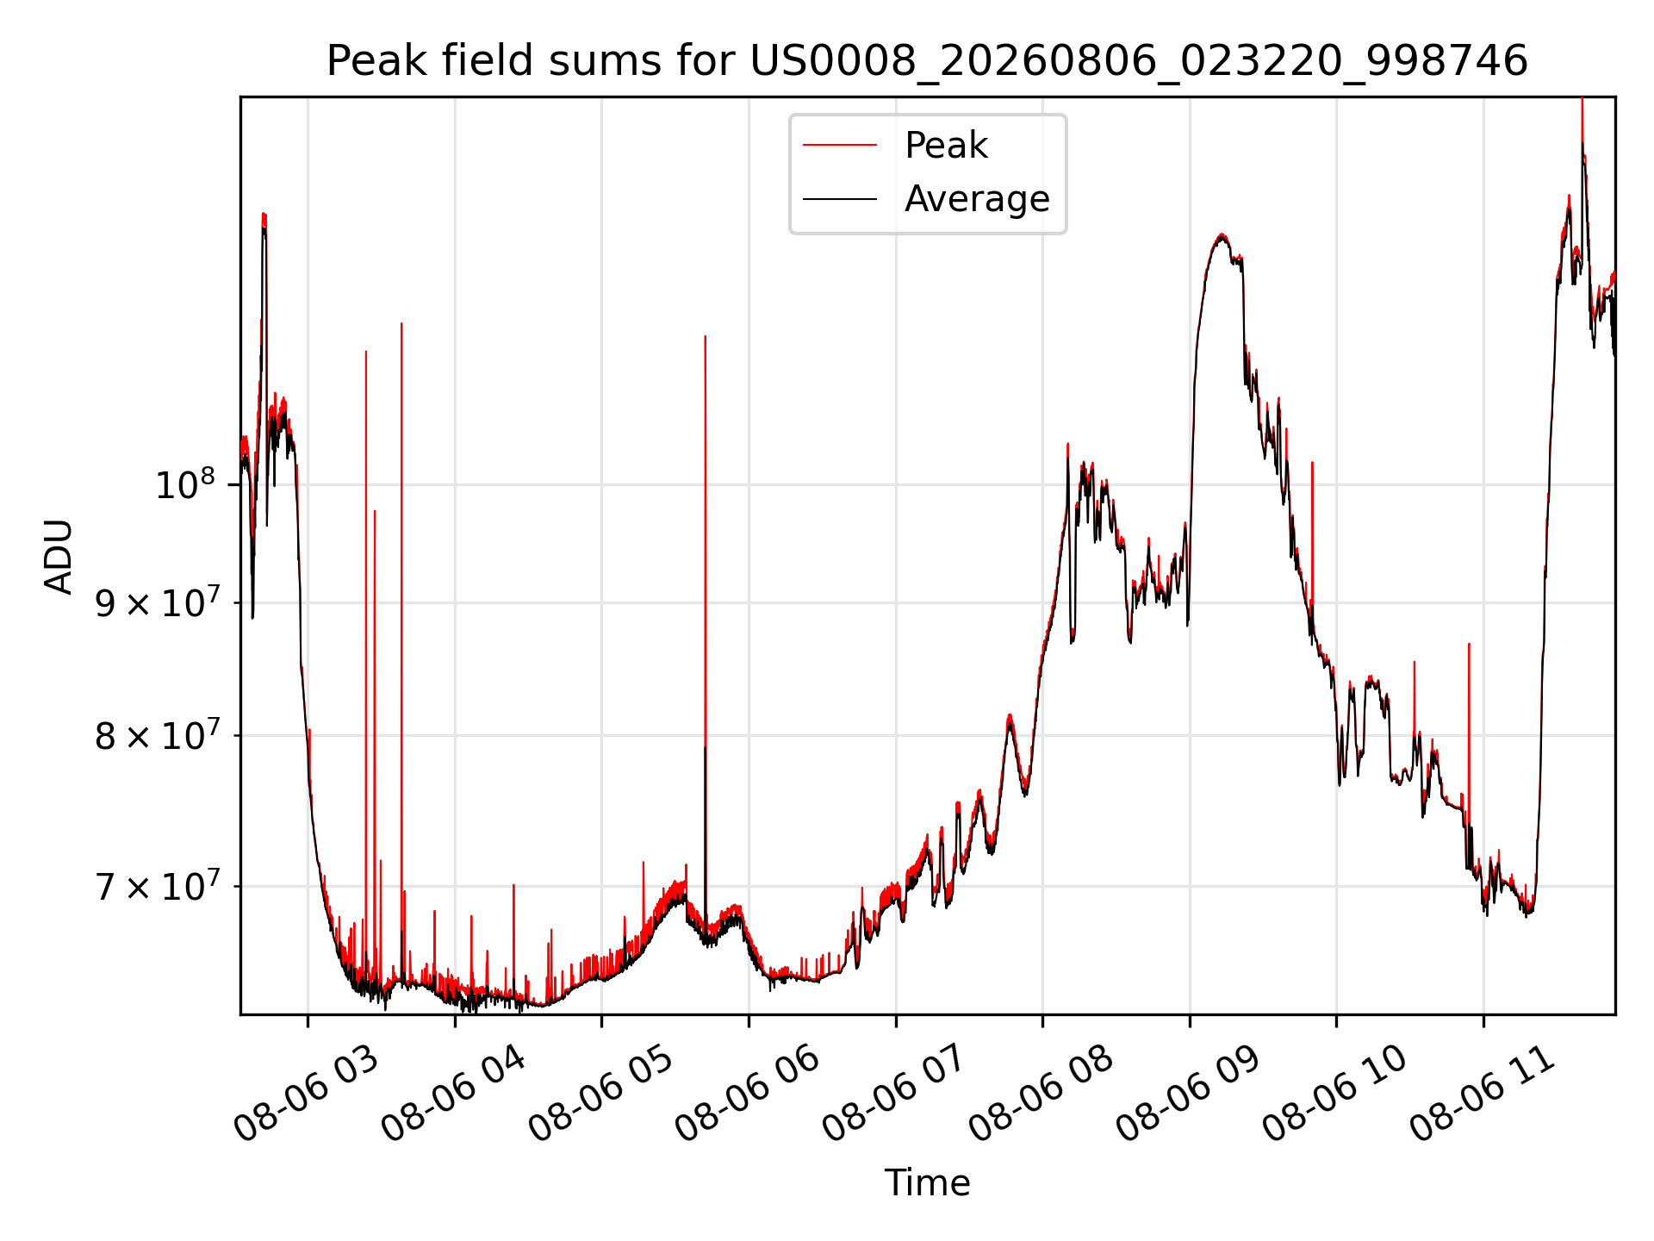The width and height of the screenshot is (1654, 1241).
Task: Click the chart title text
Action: (927, 61)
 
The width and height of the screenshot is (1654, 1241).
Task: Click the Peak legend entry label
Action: (946, 146)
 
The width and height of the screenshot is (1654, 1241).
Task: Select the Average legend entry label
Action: (977, 199)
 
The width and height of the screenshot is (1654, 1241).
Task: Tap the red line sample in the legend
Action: (840, 146)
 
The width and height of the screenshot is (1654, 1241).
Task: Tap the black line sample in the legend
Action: (840, 199)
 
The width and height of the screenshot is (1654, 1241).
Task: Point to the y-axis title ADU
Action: (59, 557)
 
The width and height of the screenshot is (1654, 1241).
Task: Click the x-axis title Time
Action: (927, 1183)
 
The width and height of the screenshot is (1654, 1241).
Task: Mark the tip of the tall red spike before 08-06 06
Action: (705, 336)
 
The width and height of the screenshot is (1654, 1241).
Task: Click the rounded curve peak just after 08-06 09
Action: (1221, 234)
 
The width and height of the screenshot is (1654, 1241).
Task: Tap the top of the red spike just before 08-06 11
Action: (1469, 644)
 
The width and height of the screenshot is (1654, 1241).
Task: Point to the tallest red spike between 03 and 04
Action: (401, 323)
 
